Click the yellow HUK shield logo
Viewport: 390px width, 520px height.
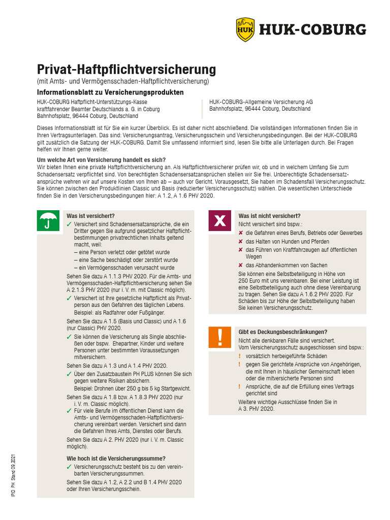[x=245, y=29]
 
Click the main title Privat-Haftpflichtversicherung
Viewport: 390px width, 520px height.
[x=126, y=70]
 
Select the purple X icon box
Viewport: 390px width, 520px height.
[x=220, y=220]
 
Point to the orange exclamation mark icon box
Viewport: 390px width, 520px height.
[x=220, y=337]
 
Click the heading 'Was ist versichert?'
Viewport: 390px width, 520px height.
[x=90, y=216]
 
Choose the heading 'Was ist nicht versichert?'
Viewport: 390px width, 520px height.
[x=269, y=216]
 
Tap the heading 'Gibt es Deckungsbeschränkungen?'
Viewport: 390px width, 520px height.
[x=283, y=332]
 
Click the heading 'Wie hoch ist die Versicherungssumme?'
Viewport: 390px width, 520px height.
[x=116, y=459]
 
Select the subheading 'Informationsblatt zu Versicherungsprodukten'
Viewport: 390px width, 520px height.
[x=110, y=92]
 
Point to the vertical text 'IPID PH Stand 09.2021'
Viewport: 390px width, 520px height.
[x=14, y=475]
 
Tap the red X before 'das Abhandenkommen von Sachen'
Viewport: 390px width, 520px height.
[x=241, y=265]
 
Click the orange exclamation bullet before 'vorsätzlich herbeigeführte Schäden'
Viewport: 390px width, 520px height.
[x=241, y=356]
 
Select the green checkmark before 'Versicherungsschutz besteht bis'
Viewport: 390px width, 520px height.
[x=69, y=467]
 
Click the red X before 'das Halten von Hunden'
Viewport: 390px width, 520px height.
[x=241, y=242]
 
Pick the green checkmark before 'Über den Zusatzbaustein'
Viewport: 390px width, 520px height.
[x=69, y=374]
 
